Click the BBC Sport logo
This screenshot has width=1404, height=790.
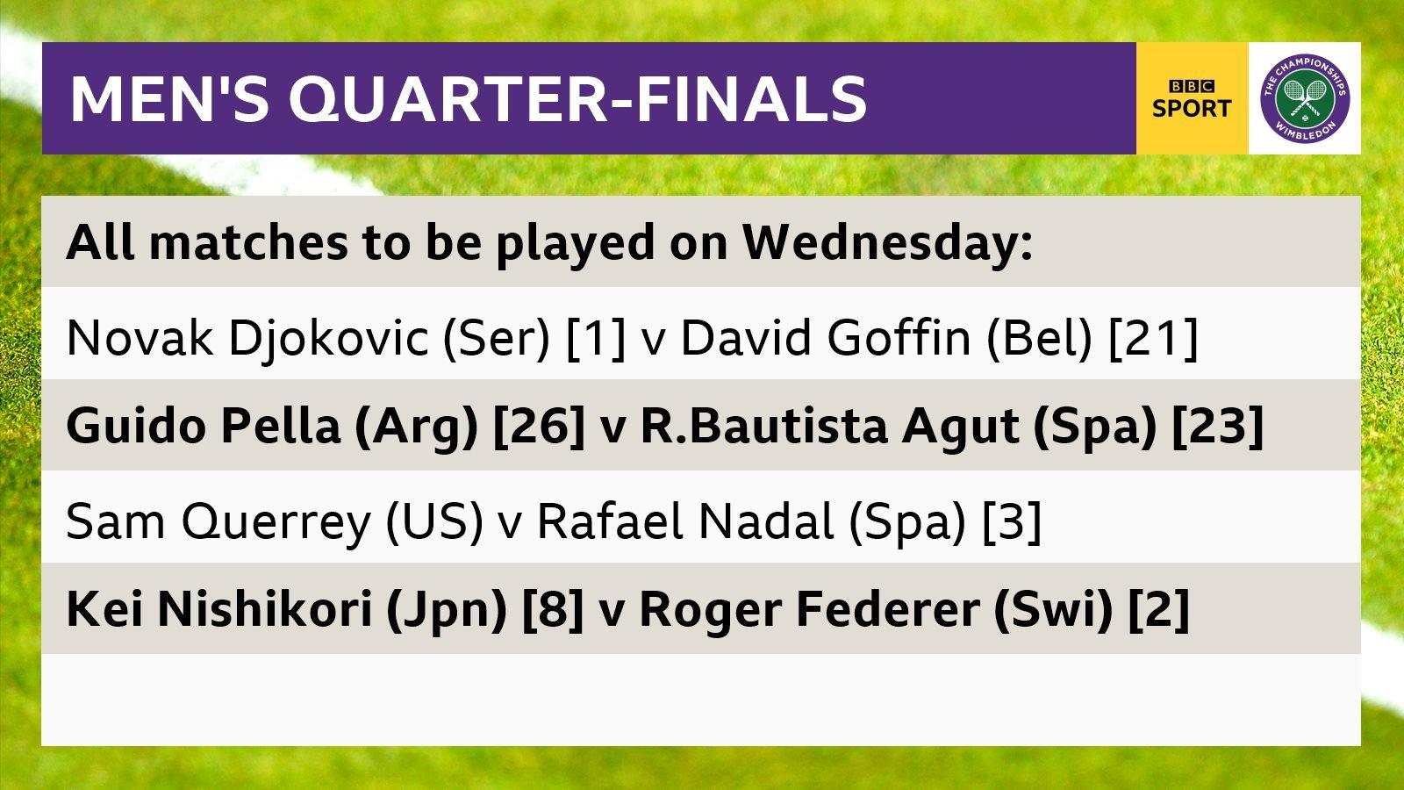[x=1192, y=98]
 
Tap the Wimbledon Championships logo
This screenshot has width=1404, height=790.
[x=1305, y=98]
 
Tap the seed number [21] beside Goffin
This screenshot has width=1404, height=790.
[x=1153, y=337]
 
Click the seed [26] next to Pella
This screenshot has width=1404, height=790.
[x=539, y=427]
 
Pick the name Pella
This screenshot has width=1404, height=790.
[x=280, y=427]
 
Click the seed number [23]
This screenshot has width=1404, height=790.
[x=1218, y=427]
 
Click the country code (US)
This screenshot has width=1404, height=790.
[x=434, y=521]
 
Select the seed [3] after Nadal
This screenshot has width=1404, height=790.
[x=1011, y=521]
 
